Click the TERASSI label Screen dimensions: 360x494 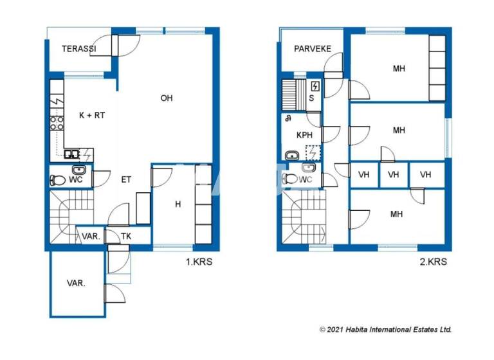pyautogui.click(x=79, y=49)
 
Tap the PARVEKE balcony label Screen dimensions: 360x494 pyautogui.click(x=312, y=49)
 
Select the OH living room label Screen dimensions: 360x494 pyautogui.click(x=166, y=98)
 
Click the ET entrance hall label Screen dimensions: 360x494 pyautogui.click(x=126, y=179)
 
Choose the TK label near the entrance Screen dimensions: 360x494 pyautogui.click(x=126, y=237)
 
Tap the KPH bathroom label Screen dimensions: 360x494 pyautogui.click(x=304, y=136)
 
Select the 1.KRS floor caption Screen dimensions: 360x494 pyautogui.click(x=198, y=262)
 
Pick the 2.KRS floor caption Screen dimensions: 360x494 pyautogui.click(x=433, y=262)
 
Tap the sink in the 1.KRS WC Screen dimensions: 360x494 pyautogui.click(x=80, y=170)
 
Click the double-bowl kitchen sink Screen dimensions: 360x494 pyautogui.click(x=73, y=154)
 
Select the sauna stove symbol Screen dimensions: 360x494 pyautogui.click(x=315, y=86)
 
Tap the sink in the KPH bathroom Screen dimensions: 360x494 pyautogui.click(x=291, y=155)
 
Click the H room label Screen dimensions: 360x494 pyautogui.click(x=178, y=204)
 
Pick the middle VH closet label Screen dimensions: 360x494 pyautogui.click(x=394, y=174)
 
